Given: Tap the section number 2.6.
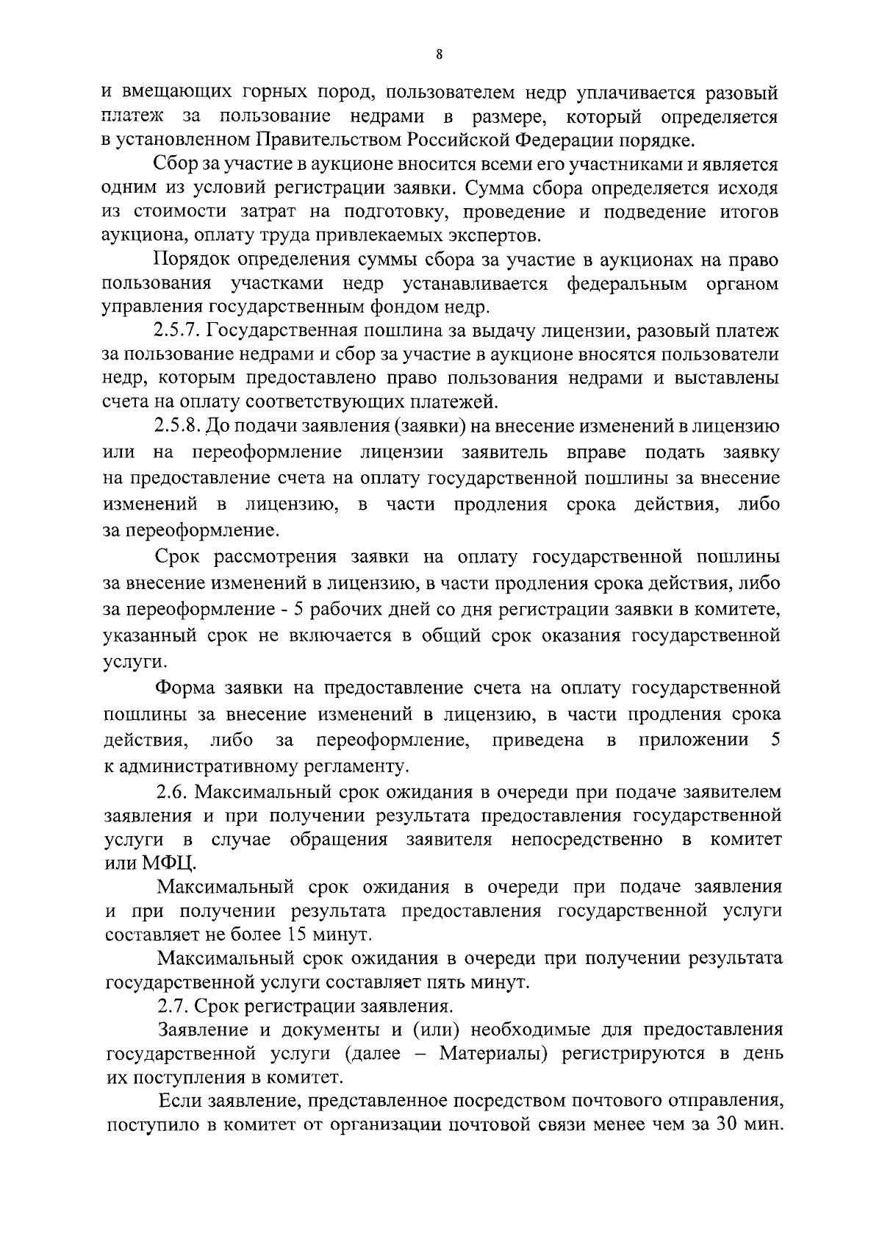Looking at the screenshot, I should pyautogui.click(x=171, y=792).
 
